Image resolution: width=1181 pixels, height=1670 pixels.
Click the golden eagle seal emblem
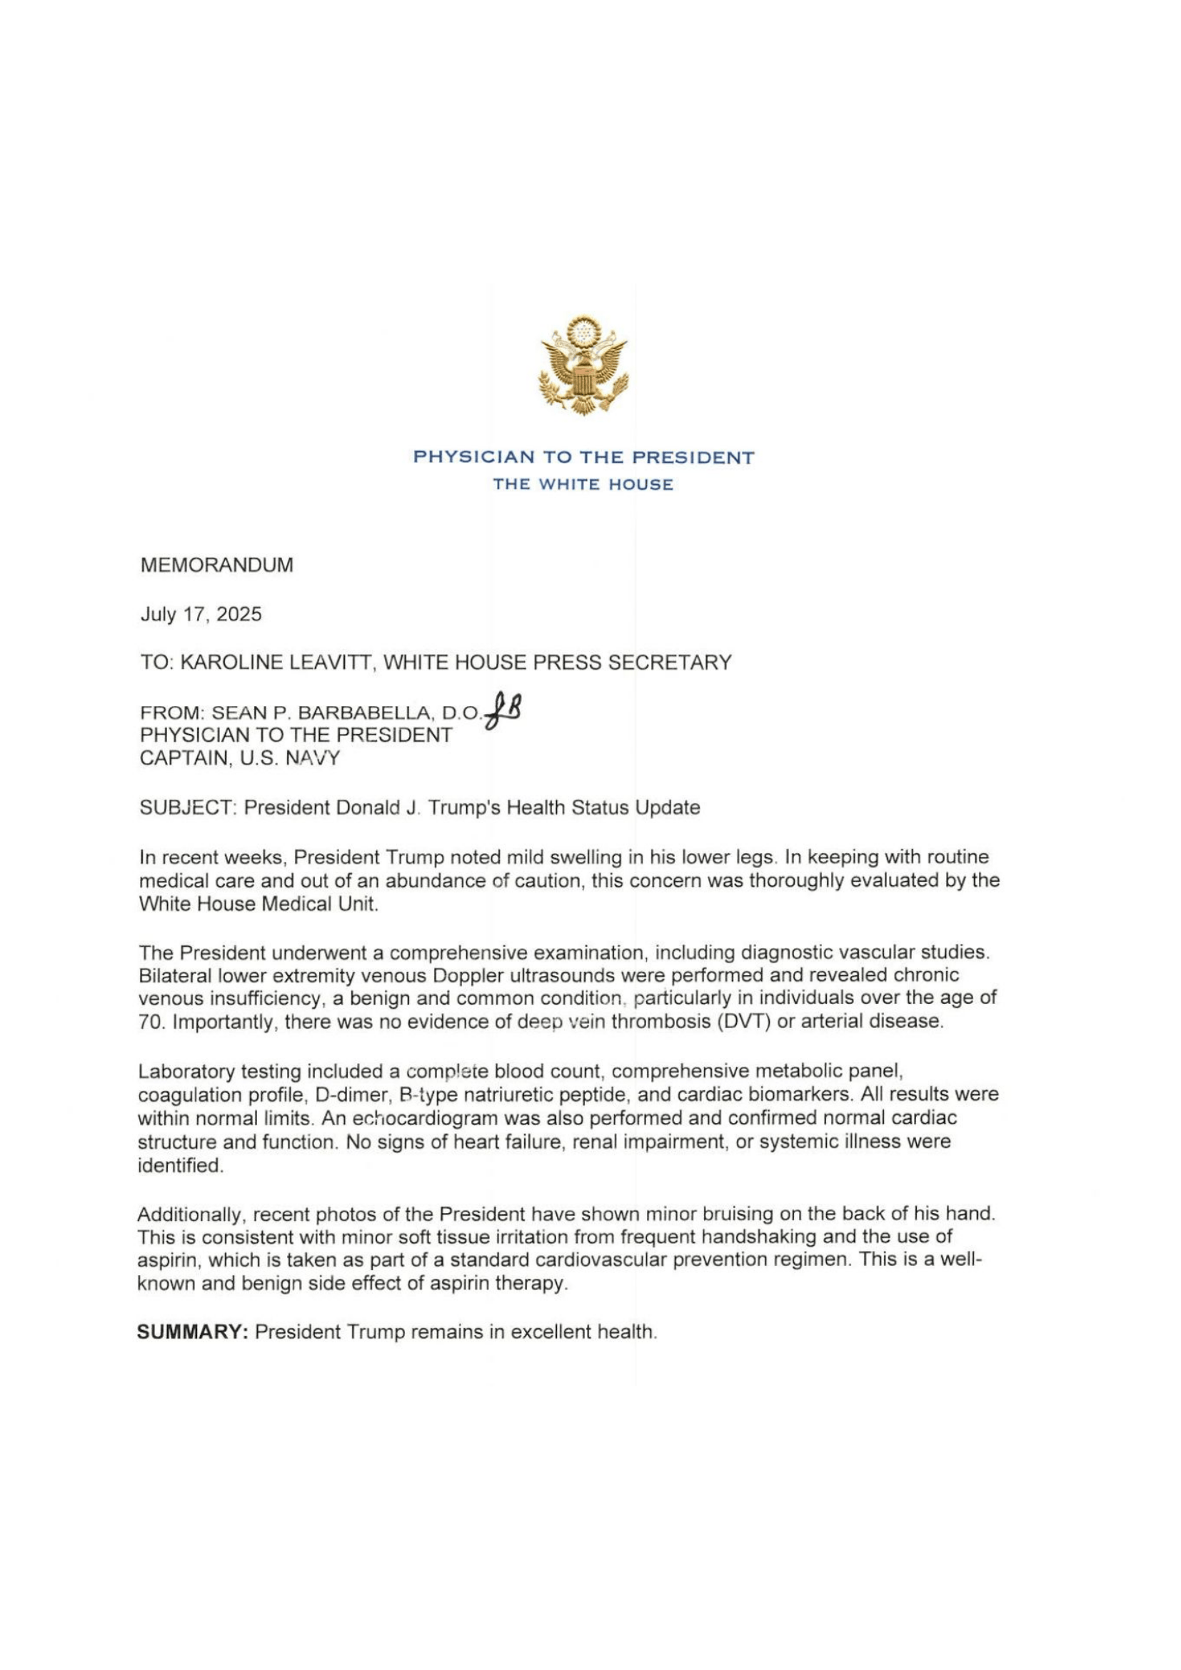pyautogui.click(x=583, y=365)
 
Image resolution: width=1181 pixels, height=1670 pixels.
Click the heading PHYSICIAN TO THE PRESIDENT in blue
pyautogui.click(x=583, y=457)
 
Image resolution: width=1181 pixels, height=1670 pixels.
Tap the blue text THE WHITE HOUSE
pyautogui.click(x=583, y=484)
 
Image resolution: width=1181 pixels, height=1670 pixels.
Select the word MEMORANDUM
pyautogui.click(x=217, y=565)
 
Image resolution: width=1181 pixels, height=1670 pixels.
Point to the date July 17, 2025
pyautogui.click(x=201, y=614)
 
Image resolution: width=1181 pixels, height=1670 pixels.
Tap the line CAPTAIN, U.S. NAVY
pyautogui.click(x=239, y=759)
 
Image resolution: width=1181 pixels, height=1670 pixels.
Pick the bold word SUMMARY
pyautogui.click(x=193, y=1332)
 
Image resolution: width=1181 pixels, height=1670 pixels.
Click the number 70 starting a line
pyautogui.click(x=149, y=1021)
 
